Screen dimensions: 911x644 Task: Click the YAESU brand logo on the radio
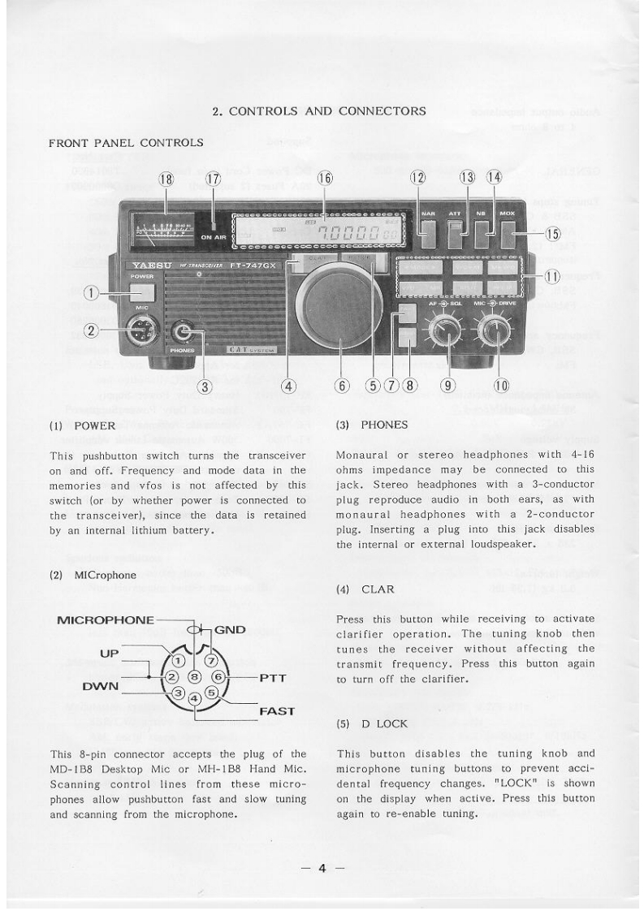click(149, 265)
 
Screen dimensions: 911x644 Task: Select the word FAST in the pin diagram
click(276, 711)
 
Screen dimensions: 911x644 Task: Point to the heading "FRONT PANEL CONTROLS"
click(127, 144)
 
